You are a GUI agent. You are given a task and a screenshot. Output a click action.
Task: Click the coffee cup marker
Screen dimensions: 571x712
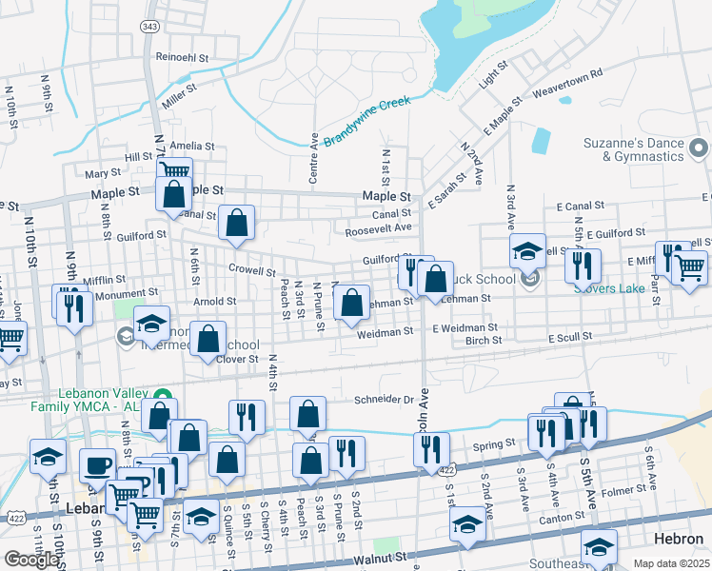pyautogui.click(x=97, y=465)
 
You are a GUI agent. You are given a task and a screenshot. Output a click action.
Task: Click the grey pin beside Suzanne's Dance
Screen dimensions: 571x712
pyautogui.click(x=700, y=148)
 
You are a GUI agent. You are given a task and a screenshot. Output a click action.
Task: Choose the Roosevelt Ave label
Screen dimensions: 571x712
pyautogui.click(x=378, y=228)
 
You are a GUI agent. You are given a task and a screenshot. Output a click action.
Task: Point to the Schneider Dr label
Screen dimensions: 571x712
pyautogui.click(x=385, y=401)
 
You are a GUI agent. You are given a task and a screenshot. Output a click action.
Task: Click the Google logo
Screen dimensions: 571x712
pyautogui.click(x=31, y=560)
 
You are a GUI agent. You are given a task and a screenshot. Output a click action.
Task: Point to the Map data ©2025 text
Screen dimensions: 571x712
pyautogui.click(x=670, y=563)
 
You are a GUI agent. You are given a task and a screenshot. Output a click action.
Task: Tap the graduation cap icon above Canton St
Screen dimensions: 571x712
pyautogui.click(x=466, y=523)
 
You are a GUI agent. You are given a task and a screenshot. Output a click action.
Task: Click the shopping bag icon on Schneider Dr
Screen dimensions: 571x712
pyautogui.click(x=307, y=414)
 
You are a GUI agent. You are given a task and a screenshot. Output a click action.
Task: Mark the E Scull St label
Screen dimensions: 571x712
pyautogui.click(x=569, y=337)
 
